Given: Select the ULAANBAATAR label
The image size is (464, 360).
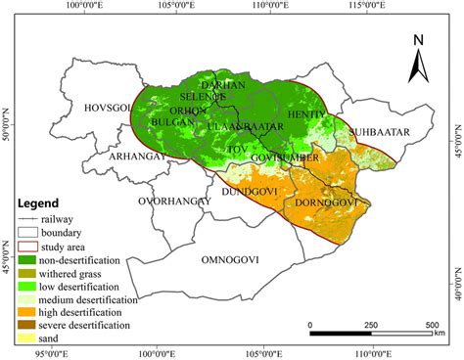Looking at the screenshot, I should click(x=245, y=127).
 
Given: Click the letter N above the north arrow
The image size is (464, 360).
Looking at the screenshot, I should click(x=418, y=41).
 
